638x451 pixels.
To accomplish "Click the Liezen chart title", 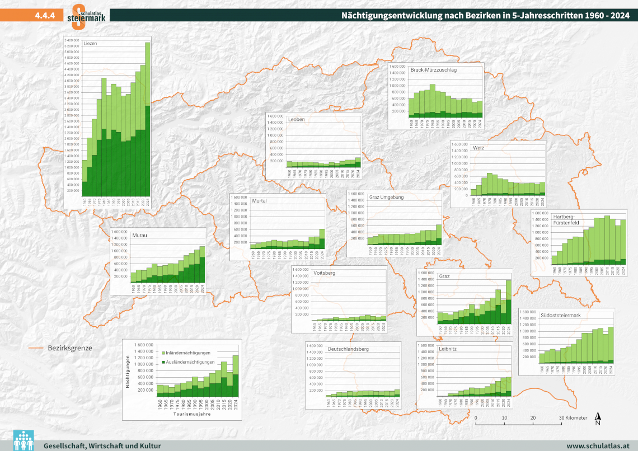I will pos(91,44).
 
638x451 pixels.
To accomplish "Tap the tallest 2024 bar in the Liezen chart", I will pos(148,123).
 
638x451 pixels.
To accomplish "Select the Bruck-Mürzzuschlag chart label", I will pos(433,70).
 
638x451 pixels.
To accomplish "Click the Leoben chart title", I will pos(297,119).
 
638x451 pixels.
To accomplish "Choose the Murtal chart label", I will pos(259,200).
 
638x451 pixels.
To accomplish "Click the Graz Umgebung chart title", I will pos(386,197).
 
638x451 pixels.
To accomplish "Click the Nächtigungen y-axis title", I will pos(128,370).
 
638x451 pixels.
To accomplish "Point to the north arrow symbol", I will pos(598,417).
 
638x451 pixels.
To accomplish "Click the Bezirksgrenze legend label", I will pos(70,348).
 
